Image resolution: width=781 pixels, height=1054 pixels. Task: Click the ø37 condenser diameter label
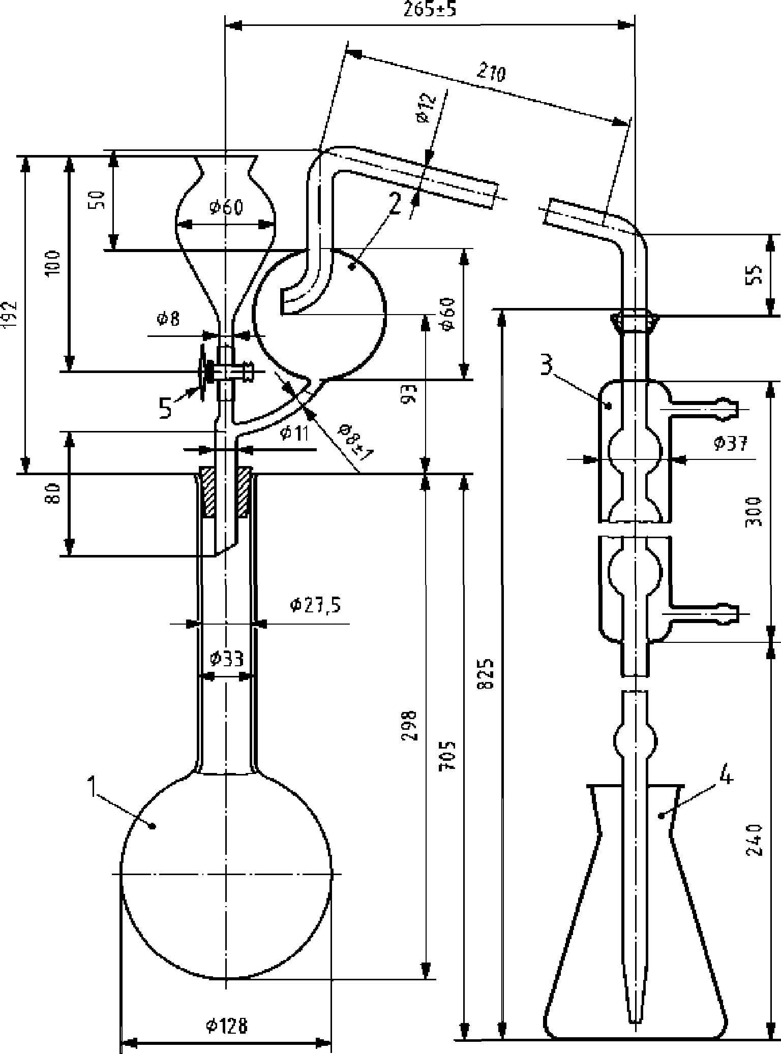tap(730, 443)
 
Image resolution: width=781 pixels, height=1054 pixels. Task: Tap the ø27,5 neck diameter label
tap(315, 605)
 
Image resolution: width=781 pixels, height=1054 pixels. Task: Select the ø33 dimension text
tap(227, 659)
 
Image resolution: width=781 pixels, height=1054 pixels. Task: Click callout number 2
tap(394, 206)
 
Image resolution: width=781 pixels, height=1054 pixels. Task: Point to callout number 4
tap(727, 777)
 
